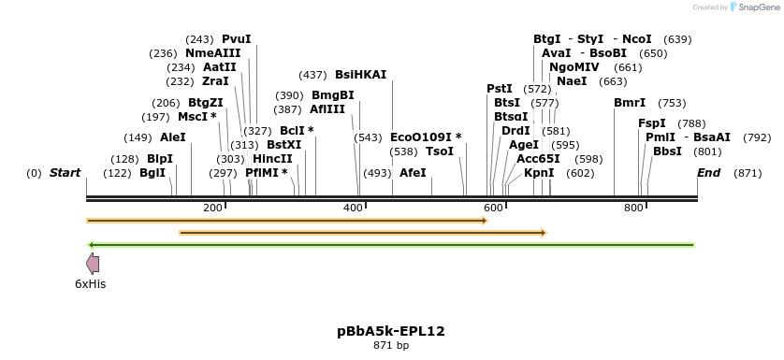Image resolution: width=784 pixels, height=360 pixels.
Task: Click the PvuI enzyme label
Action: tap(236, 39)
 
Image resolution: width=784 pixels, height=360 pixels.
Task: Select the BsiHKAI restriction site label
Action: tap(360, 75)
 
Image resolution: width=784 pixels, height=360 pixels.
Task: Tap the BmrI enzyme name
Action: tap(630, 103)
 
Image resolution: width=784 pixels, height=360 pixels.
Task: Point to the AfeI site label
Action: tap(413, 173)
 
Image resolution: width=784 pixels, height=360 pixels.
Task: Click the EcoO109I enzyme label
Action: tap(426, 137)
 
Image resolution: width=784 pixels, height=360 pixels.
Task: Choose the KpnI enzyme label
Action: tap(539, 173)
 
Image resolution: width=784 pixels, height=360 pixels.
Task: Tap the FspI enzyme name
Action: tap(652, 123)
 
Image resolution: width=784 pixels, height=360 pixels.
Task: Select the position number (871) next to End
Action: tap(748, 173)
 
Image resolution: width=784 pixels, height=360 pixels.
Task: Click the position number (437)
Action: tap(312, 75)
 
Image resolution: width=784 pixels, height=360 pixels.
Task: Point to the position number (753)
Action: tap(672, 103)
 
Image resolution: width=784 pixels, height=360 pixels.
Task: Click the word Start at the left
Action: tap(65, 173)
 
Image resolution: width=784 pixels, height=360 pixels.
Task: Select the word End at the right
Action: tap(708, 173)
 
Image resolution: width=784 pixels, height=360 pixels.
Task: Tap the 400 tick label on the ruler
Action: tap(354, 208)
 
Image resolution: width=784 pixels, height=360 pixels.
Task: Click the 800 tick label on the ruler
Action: tap(633, 208)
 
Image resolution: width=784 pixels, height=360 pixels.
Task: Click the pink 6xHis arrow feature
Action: tap(93, 263)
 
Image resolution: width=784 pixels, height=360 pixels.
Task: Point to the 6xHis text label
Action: tap(91, 283)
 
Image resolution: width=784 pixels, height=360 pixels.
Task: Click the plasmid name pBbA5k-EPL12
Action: tap(391, 331)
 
